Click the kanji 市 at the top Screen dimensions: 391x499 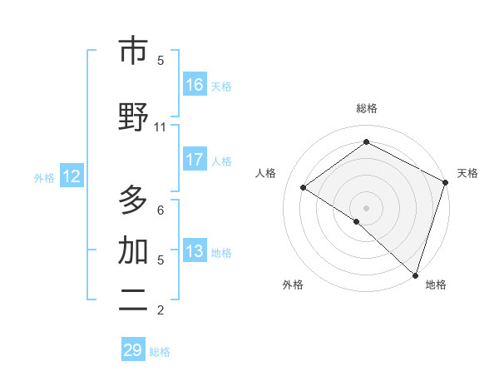[133, 52]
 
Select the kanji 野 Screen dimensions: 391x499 [133, 117]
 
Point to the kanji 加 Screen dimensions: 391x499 [133, 250]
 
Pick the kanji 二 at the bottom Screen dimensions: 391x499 [133, 301]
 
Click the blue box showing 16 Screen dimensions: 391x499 [195, 85]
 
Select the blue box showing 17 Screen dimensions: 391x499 [195, 160]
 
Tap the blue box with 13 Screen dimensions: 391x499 [195, 251]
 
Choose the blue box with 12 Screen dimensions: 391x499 [71, 176]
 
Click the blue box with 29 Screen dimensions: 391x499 [133, 350]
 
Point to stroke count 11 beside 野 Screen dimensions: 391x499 [160, 127]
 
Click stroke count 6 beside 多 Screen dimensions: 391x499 [160, 210]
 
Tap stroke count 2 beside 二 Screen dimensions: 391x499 [160, 310]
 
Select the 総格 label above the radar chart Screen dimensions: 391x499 [366, 108]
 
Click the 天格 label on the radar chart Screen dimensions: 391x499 [467, 173]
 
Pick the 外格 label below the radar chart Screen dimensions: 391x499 [293, 285]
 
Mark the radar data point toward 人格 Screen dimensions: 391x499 [304, 188]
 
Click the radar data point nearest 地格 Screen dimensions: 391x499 [415, 275]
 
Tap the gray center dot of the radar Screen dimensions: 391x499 [366, 207]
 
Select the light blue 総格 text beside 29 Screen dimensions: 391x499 [160, 352]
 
